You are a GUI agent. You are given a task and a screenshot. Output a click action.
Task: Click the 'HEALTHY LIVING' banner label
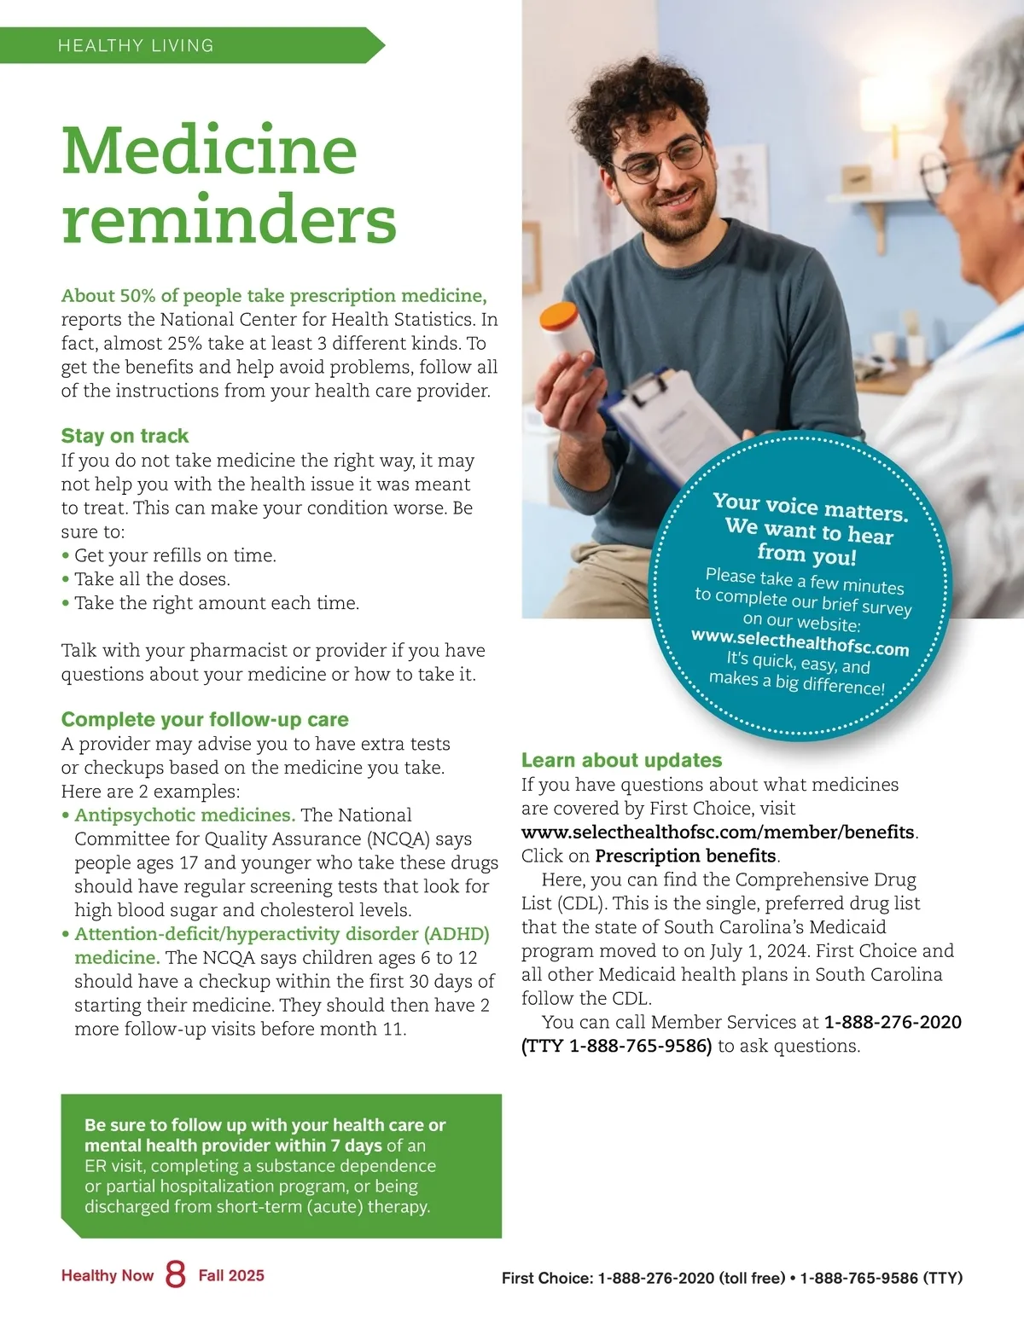[x=136, y=46]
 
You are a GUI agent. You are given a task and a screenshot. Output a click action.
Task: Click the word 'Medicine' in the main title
[x=209, y=150]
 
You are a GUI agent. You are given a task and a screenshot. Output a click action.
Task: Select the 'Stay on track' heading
[x=125, y=436]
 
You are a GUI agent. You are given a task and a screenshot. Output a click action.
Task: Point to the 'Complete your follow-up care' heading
[x=205, y=719]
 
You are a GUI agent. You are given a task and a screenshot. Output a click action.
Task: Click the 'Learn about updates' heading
[x=621, y=760]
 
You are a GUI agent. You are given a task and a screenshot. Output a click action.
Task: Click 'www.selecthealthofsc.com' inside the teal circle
[x=800, y=642]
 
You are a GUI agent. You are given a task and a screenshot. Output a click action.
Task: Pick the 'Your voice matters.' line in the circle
[x=811, y=508]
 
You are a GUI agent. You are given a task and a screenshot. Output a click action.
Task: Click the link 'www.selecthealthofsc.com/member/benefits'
[x=719, y=832]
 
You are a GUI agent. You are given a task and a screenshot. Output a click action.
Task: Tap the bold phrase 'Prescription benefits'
[x=686, y=856]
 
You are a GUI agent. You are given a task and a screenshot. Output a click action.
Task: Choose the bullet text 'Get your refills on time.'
[x=175, y=555]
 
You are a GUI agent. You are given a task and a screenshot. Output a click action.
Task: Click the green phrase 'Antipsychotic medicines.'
[x=185, y=815]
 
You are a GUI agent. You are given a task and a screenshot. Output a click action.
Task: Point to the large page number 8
[x=176, y=1274]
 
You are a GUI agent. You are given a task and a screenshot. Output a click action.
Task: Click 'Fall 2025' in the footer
[x=231, y=1275]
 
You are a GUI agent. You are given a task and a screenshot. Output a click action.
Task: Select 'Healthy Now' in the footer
[x=108, y=1275]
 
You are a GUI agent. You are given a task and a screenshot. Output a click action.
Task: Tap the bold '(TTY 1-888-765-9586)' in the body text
[x=616, y=1046]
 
